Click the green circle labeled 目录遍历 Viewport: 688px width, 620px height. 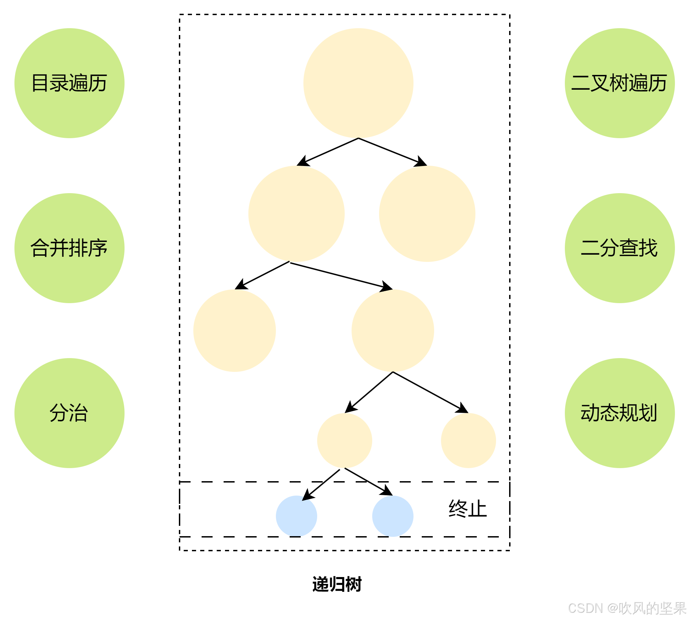coord(69,83)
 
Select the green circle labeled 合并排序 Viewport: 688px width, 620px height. coord(69,248)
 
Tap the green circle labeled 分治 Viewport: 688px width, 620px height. coord(69,413)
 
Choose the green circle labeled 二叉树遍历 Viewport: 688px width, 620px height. coord(620,83)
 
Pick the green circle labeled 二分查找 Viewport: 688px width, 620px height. coord(620,248)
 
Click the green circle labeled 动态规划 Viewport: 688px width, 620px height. coord(620,413)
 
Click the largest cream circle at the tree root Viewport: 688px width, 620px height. coord(358,83)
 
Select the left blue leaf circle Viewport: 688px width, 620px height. coord(296,516)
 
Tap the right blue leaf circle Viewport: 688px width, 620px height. coord(393,516)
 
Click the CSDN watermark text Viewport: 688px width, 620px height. coord(626,608)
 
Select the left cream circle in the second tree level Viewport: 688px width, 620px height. coord(296,214)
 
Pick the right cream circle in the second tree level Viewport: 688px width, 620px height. coord(427,214)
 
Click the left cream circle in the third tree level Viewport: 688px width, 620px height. coord(234,331)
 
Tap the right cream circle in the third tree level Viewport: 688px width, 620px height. coord(393,331)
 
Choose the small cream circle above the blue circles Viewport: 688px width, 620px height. coord(344,441)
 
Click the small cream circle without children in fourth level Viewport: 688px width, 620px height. coord(468,441)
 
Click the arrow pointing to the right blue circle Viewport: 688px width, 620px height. coord(368,481)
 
